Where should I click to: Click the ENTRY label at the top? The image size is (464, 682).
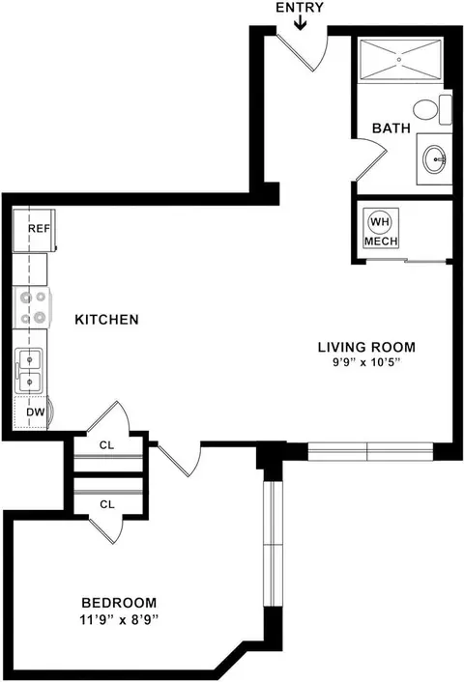coord(300,8)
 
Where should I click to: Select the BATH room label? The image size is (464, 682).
coord(391,128)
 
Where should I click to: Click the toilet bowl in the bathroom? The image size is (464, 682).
coord(425,109)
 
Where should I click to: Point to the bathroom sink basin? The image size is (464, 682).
coord(435,158)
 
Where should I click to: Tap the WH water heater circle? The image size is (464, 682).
coord(380,222)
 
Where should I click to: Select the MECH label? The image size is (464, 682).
coord(381,241)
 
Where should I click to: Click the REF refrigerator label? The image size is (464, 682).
coord(40,228)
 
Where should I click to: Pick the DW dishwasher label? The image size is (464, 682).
coord(36,412)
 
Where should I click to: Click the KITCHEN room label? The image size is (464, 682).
coord(106,319)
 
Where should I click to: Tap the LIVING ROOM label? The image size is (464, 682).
coord(366,347)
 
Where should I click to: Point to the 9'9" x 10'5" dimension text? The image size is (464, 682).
coord(366,362)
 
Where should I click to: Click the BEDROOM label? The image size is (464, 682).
coord(119,603)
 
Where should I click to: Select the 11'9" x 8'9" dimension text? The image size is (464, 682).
coord(118,619)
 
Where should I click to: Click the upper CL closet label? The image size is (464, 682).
coord(106,445)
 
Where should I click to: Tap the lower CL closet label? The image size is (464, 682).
coord(107,504)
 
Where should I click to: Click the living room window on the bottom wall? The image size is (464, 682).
coord(370,451)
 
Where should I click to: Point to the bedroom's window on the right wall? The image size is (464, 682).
coord(274,544)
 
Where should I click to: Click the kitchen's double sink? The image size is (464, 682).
coord(30,371)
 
